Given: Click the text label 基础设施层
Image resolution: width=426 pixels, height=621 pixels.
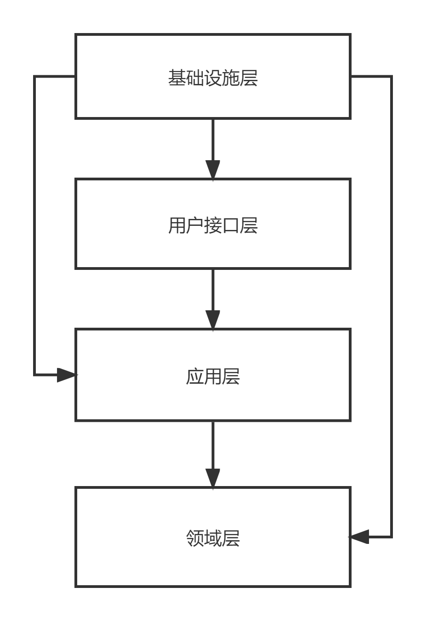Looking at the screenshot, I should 213,78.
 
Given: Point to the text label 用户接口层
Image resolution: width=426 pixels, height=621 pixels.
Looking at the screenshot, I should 213,226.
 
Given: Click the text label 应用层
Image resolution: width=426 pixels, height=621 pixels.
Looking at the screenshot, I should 213,376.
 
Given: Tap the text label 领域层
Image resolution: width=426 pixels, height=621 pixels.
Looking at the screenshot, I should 213,538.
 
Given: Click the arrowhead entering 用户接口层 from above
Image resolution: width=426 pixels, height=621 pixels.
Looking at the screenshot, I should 213,169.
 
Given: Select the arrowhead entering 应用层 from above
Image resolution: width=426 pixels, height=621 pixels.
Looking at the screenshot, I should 213,319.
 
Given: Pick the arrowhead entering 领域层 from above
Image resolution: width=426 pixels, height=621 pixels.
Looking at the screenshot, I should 213,478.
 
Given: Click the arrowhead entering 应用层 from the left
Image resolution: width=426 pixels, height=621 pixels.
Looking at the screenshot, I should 67,375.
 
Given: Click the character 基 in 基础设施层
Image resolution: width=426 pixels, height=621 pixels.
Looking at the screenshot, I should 177,78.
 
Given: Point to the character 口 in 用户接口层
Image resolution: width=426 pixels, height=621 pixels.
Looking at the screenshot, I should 231,226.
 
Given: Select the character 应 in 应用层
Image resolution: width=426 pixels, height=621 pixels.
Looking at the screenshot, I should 195,376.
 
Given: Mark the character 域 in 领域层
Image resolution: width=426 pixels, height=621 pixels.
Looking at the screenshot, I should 213,538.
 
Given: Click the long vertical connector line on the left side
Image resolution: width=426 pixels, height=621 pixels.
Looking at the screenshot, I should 34,225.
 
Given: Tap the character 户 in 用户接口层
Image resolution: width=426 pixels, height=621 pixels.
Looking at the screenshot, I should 195,226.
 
